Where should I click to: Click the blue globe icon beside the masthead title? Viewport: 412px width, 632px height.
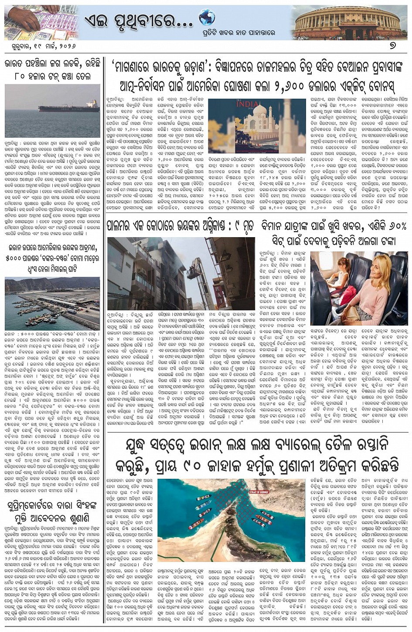click(x=207, y=17)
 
